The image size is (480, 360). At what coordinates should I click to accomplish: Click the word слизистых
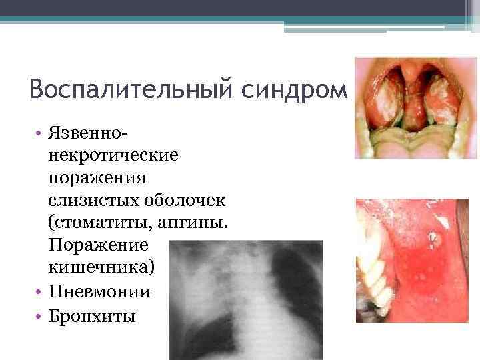[x=87, y=201]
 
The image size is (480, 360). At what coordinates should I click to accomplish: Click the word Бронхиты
[x=93, y=315]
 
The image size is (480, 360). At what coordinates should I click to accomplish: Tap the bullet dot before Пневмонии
[x=39, y=292]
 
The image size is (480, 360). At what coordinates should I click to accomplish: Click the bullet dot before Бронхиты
[x=39, y=315]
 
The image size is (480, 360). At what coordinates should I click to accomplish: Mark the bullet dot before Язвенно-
[x=39, y=136]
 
